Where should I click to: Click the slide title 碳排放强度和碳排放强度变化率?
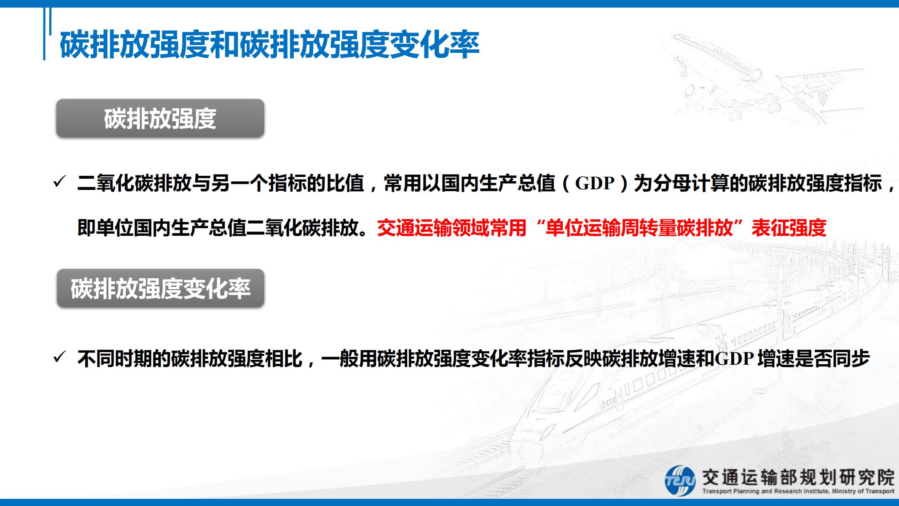pyautogui.click(x=270, y=44)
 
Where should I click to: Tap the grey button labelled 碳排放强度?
pyautogui.click(x=160, y=118)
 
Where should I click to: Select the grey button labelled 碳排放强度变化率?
pyautogui.click(x=160, y=288)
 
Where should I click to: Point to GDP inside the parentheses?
pyautogui.click(x=595, y=183)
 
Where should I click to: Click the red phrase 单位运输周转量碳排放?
pyautogui.click(x=639, y=228)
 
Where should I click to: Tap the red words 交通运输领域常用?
pyautogui.click(x=451, y=228)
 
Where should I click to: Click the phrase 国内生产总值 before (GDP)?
pyautogui.click(x=499, y=183)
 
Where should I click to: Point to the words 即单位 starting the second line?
pyautogui.click(x=105, y=228)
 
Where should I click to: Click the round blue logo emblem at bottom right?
pyautogui.click(x=680, y=480)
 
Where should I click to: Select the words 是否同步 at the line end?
pyautogui.click(x=833, y=358)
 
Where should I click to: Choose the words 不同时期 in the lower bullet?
pyautogui.click(x=115, y=358)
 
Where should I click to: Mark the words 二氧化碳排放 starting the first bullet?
pyautogui.click(x=134, y=183)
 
